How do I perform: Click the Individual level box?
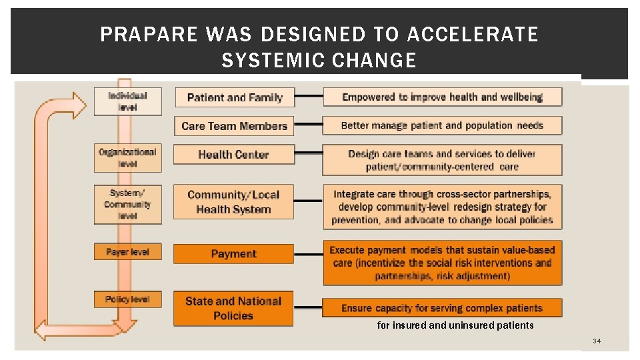pos(127,102)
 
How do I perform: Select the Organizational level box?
pos(127,158)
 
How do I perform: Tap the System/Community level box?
pos(127,204)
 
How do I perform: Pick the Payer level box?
pos(127,253)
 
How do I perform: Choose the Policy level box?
pos(127,300)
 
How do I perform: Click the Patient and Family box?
pos(235,97)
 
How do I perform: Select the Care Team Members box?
pos(234,126)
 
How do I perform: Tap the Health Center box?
pos(233,155)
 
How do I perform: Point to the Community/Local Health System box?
pos(233,202)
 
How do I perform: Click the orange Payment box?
pos(233,254)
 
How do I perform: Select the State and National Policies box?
pos(233,309)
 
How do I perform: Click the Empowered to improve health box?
pos(442,97)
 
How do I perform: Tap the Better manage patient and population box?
pos(442,125)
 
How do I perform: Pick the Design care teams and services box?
pos(442,161)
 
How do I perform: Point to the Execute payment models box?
pos(442,263)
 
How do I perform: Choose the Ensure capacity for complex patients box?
pos(442,308)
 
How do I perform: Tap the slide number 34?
pos(597,342)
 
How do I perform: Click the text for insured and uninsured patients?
pos(455,326)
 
